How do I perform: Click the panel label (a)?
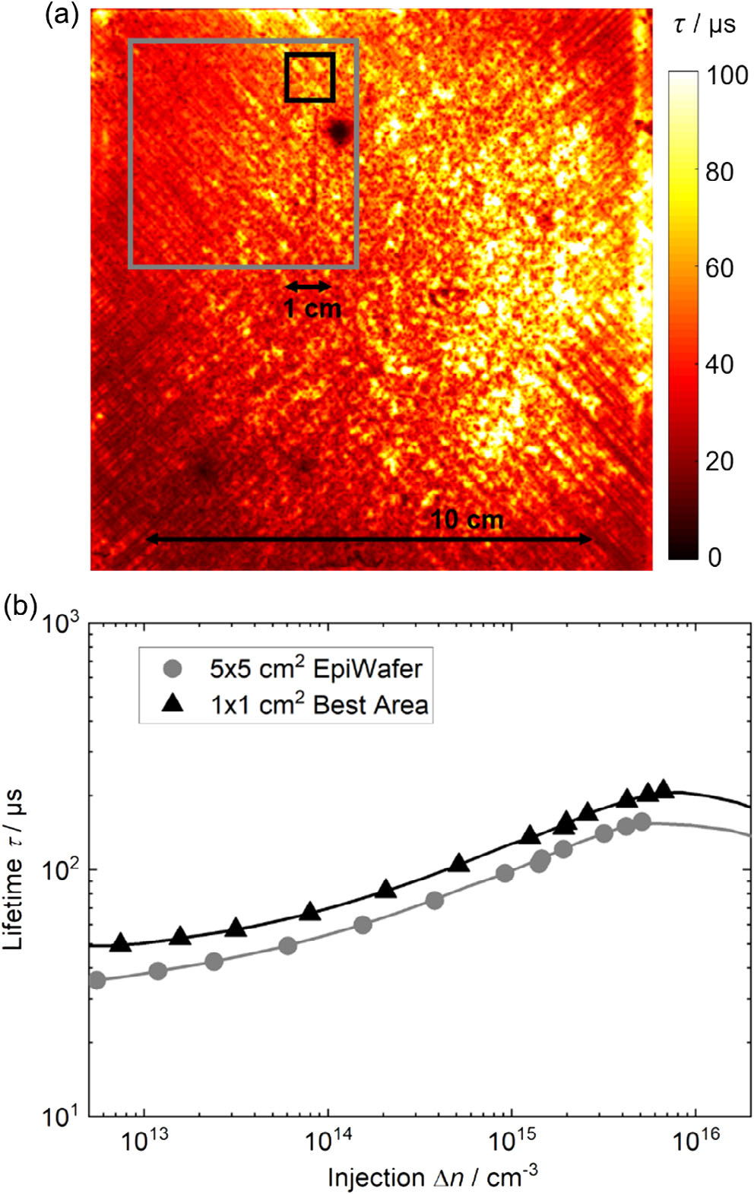tap(62, 15)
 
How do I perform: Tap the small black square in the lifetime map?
tap(309, 77)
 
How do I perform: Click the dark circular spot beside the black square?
tap(339, 132)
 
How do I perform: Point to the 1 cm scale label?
tap(312, 309)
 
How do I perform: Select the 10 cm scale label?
tap(467, 520)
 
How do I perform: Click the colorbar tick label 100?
tap(727, 75)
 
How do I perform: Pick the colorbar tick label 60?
tap(719, 268)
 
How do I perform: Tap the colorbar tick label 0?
tap(714, 557)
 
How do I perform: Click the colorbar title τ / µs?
tap(705, 24)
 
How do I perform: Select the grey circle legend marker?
tap(174, 669)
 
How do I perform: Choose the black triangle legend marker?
tap(174, 704)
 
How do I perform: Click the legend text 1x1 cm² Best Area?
tap(319, 705)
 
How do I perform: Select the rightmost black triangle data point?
tap(664, 789)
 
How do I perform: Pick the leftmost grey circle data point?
tap(97, 980)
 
